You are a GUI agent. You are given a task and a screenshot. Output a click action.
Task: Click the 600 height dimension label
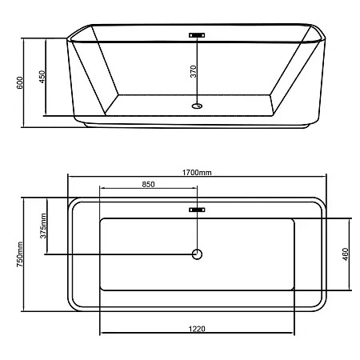click(x=20, y=82)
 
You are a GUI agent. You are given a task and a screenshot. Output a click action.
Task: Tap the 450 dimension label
click(x=42, y=77)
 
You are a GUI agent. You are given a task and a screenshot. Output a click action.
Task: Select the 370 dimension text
click(x=194, y=71)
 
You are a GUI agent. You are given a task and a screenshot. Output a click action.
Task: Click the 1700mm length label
click(x=197, y=173)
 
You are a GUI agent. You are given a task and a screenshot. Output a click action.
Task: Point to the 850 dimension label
click(x=148, y=184)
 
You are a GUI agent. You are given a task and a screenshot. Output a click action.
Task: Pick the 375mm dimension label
click(x=43, y=226)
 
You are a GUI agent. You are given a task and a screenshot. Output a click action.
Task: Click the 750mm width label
click(x=20, y=254)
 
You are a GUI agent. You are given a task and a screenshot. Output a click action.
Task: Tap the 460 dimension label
click(x=345, y=254)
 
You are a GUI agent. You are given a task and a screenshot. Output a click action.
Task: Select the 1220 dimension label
click(x=197, y=329)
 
